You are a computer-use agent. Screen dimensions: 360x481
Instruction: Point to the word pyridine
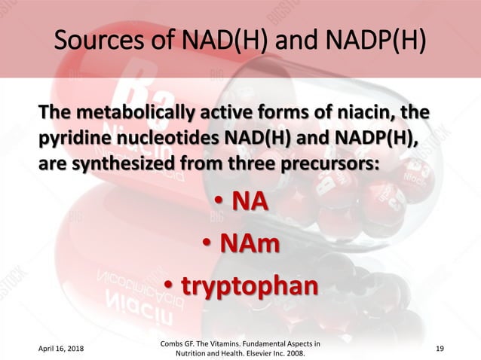point(73,139)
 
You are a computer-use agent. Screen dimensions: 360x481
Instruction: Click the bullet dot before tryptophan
point(170,286)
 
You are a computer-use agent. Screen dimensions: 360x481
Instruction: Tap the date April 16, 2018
point(59,350)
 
